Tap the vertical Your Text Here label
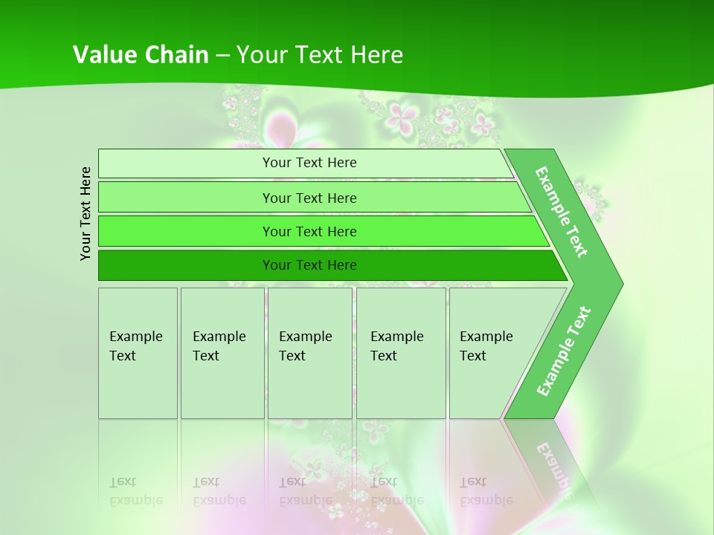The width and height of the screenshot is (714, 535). click(86, 213)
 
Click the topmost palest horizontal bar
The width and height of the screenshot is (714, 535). click(305, 163)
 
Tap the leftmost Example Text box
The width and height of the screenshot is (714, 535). click(138, 353)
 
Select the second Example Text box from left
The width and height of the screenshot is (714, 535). click(222, 353)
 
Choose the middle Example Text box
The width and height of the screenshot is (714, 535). click(309, 353)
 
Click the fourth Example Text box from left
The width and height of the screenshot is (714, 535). click(400, 353)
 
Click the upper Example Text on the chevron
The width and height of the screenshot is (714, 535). click(562, 212)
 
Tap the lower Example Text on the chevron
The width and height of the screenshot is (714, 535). click(564, 351)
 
